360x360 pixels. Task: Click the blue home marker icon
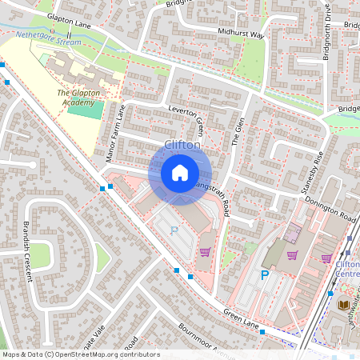[x=180, y=172]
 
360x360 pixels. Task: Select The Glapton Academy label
[x=78, y=98]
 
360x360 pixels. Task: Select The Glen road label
[x=236, y=128]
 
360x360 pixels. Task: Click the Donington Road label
[x=329, y=211]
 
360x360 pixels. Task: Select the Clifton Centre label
[x=347, y=270]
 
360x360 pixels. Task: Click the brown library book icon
[x=343, y=304]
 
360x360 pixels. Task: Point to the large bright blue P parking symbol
[x=264, y=275]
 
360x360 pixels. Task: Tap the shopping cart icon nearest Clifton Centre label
[x=326, y=258]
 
